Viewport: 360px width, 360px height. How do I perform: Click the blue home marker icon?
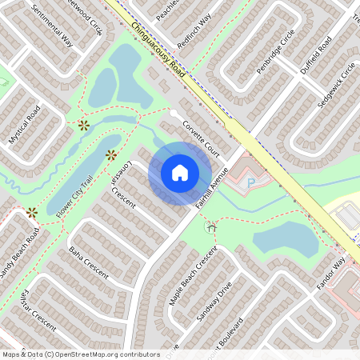180,173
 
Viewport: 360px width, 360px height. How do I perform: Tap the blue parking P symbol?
250,183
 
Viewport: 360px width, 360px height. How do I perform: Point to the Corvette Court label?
201,134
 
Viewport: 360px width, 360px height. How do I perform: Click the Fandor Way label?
330,273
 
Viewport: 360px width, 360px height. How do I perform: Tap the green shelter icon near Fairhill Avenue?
212,228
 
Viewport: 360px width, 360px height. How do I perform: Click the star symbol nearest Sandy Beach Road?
32,212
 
